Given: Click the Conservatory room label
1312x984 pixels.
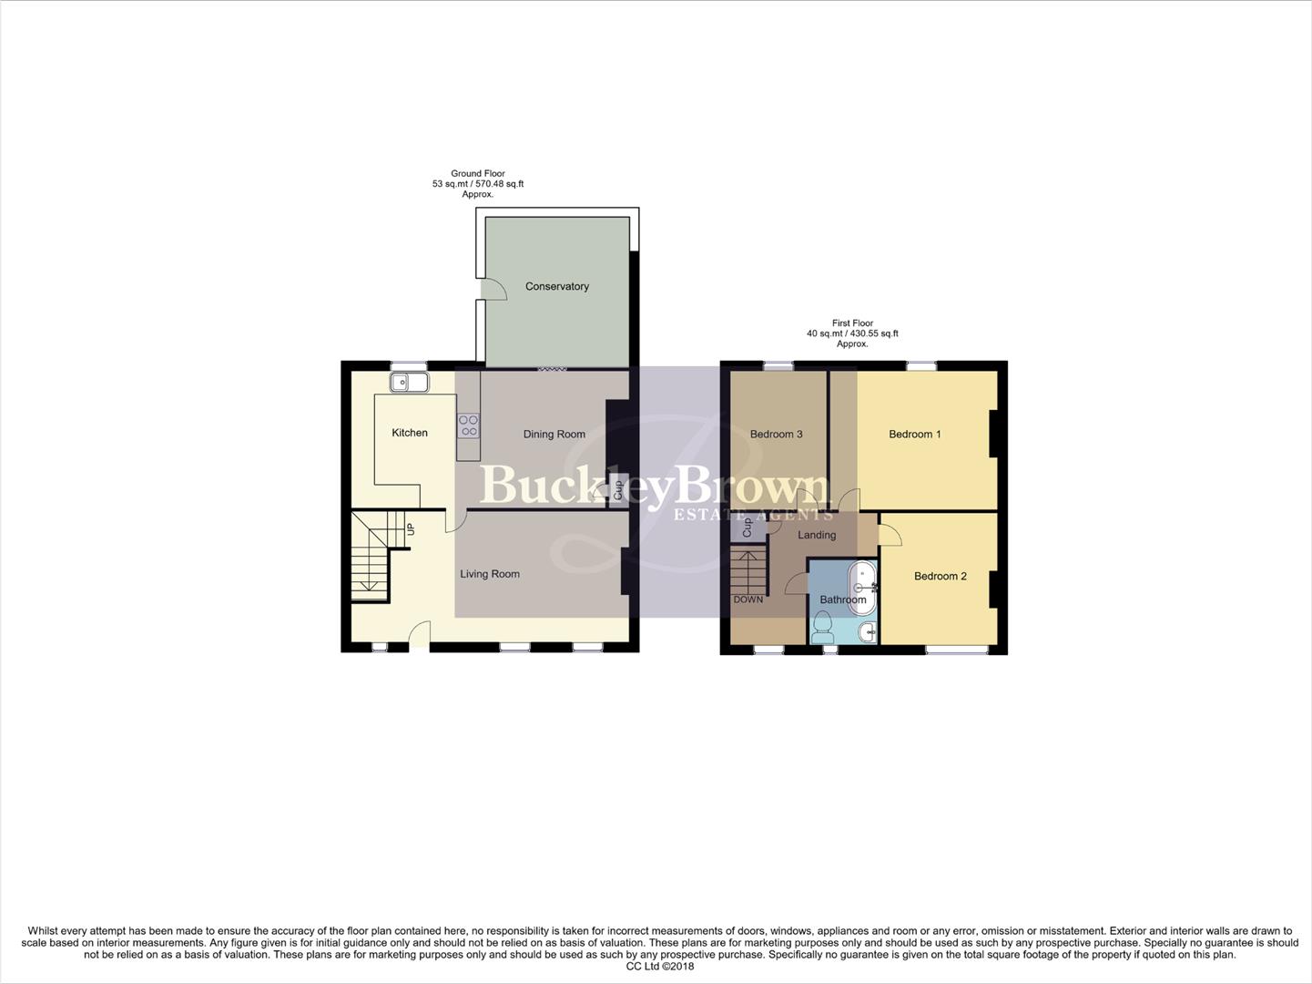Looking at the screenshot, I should click(x=556, y=286).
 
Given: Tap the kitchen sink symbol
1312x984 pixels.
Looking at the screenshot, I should click(x=409, y=383).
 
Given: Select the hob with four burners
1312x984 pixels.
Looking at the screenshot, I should click(x=468, y=425).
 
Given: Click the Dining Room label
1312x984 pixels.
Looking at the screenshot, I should click(x=554, y=434).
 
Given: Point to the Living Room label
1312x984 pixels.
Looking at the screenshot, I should click(x=490, y=574).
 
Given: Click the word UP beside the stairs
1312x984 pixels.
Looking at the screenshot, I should click(x=411, y=528).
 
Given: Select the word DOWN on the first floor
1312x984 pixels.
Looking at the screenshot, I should click(x=748, y=600).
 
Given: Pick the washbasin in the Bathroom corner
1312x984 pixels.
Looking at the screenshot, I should click(x=867, y=630).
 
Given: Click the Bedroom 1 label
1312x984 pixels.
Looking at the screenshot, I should click(x=915, y=434).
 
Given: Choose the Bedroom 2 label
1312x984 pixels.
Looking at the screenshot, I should click(x=941, y=576).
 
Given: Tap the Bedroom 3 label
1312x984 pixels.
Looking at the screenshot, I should click(x=776, y=434).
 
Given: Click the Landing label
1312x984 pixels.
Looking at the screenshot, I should click(x=817, y=535).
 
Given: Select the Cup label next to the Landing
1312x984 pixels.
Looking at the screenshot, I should click(x=748, y=527).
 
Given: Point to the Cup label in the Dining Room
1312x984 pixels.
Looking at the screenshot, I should click(x=618, y=489).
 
